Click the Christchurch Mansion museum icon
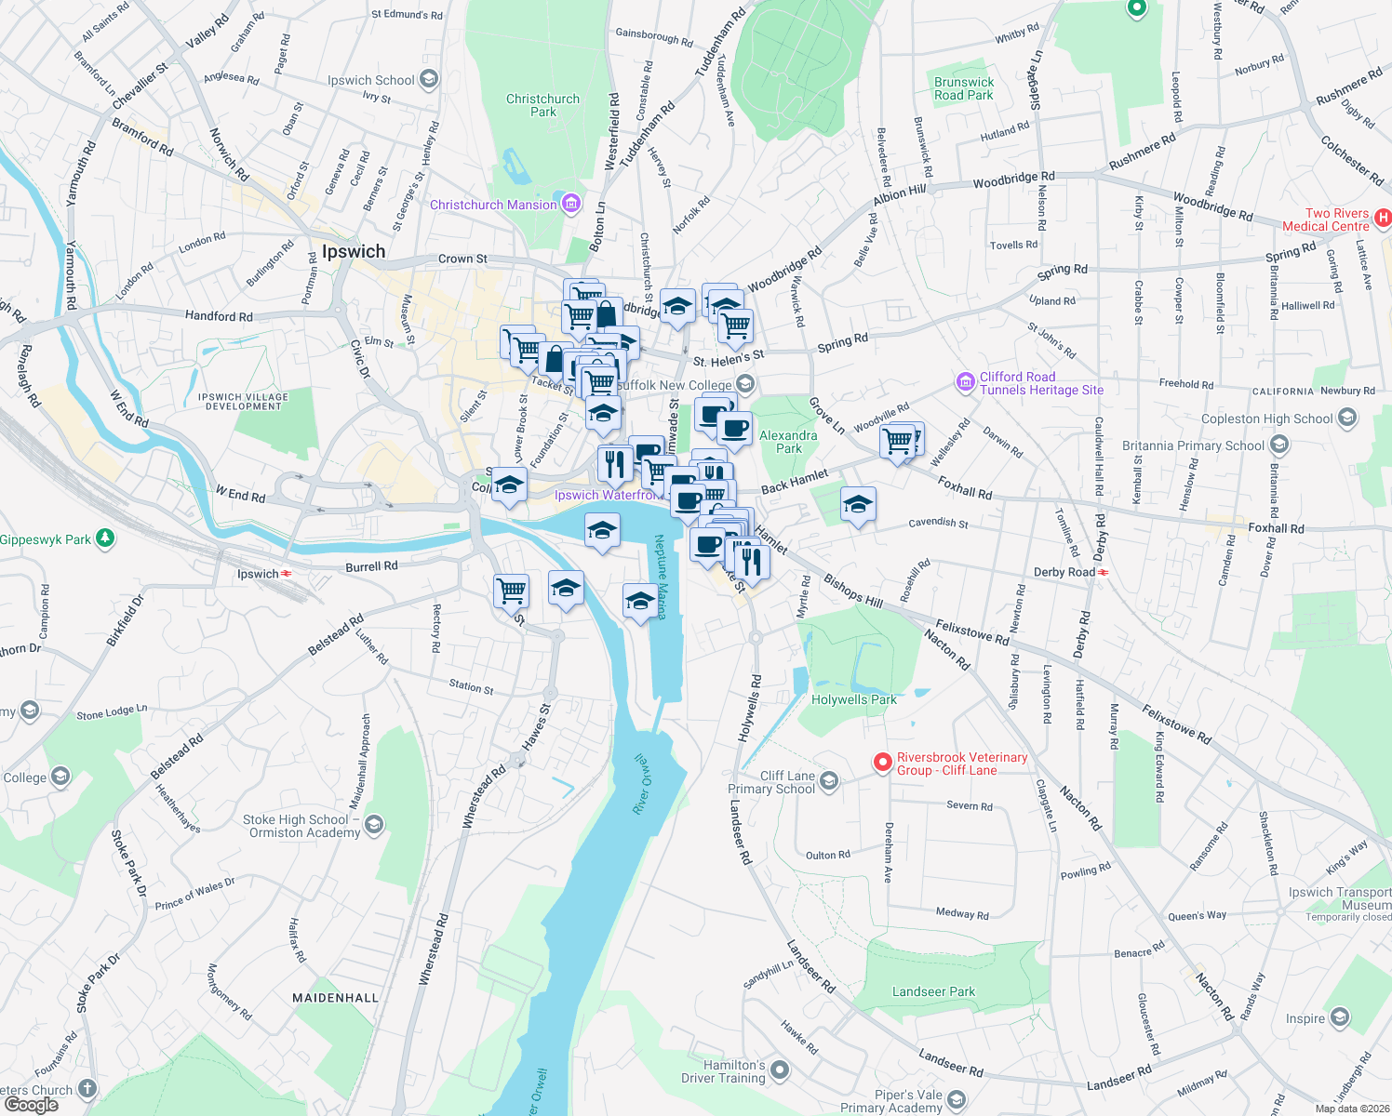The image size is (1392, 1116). coord(571,204)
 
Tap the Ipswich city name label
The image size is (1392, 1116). coord(354,251)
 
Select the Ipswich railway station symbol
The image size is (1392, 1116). coord(287,574)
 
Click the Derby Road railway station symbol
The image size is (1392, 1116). coord(1103,572)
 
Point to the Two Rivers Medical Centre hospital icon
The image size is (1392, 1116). coord(1383,219)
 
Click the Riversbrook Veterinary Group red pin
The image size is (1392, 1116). coord(882,763)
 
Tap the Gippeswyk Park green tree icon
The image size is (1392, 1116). coord(106,538)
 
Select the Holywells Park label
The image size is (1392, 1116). coord(854,699)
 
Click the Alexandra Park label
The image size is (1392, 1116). coord(788,442)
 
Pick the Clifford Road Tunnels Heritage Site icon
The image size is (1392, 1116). coord(965,381)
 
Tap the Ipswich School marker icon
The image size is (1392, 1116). coord(429,80)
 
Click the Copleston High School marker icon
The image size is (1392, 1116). coord(1346,418)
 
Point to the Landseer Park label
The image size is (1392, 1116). coord(933,991)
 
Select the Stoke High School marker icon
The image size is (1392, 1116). coord(374,824)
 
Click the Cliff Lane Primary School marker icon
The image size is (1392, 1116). coord(829,780)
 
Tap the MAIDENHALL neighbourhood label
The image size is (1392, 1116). coord(336,998)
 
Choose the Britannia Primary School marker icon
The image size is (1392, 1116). coord(1279,445)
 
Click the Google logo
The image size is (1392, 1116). coord(31,1105)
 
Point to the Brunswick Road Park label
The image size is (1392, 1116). coord(964,88)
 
